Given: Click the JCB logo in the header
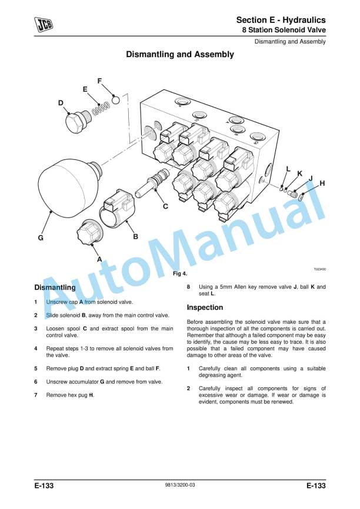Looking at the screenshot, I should (x=42, y=24).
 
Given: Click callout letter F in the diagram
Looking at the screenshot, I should (x=99, y=81).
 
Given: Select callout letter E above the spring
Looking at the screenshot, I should (x=85, y=89).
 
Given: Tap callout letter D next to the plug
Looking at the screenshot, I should (x=61, y=103).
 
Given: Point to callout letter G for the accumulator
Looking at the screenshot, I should (x=41, y=238).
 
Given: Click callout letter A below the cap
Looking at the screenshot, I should (x=99, y=259).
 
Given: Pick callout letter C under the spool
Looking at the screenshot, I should (x=165, y=206).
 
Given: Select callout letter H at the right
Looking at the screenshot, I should (x=321, y=184).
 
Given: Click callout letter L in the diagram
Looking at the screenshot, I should (x=288, y=169).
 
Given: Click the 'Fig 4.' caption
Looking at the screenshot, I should (x=179, y=274).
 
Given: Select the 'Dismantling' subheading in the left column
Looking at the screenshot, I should (x=55, y=288).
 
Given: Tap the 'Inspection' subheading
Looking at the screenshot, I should (x=205, y=307).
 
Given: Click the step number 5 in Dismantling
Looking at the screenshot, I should (x=36, y=369).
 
